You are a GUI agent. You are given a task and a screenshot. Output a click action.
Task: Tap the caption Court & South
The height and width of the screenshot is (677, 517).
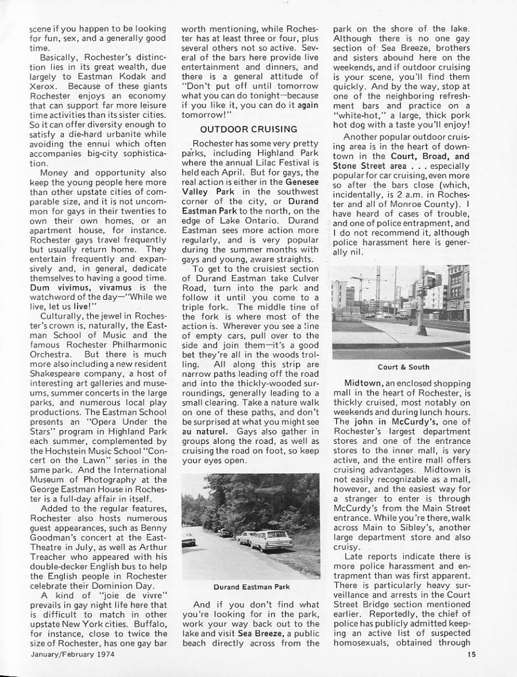click(403, 367)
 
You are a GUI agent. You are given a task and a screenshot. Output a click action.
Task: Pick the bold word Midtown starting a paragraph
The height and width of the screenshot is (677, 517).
click(360, 382)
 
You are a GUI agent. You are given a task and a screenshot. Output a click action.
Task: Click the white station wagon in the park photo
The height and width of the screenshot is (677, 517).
click(270, 540)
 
